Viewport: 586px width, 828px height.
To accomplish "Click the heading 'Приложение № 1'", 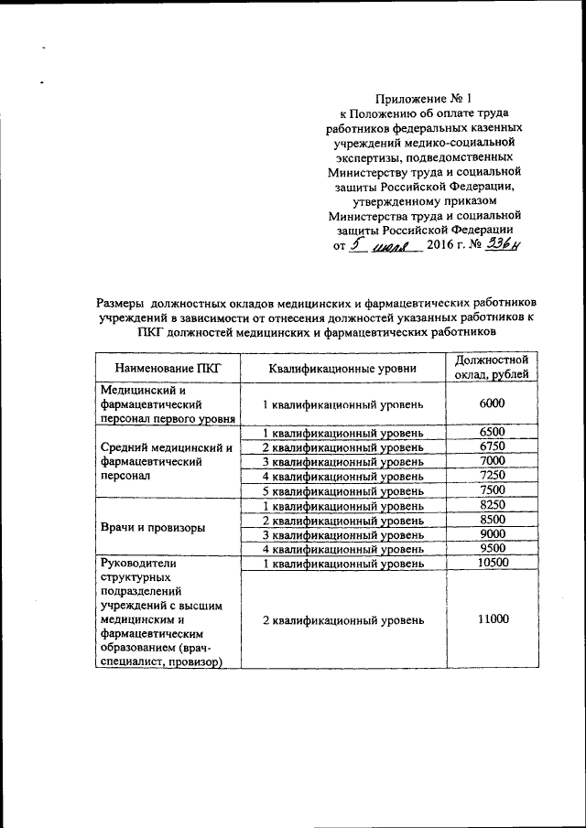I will (x=426, y=98).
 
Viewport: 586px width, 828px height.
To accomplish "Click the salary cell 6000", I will (x=492, y=403).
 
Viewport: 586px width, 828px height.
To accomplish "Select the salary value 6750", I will (x=492, y=446).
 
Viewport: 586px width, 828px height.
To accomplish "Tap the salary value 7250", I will (x=492, y=476).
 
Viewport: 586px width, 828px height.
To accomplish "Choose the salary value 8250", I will (x=492, y=505).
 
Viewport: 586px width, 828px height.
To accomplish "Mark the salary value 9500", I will (x=492, y=549).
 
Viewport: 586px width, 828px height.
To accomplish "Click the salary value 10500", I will (x=492, y=564).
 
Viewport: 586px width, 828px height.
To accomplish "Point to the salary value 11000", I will (x=492, y=619).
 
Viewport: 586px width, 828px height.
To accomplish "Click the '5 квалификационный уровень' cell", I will (x=342, y=490).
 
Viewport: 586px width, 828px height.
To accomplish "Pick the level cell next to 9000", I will (x=342, y=534).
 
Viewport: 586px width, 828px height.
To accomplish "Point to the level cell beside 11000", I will (x=342, y=620).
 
